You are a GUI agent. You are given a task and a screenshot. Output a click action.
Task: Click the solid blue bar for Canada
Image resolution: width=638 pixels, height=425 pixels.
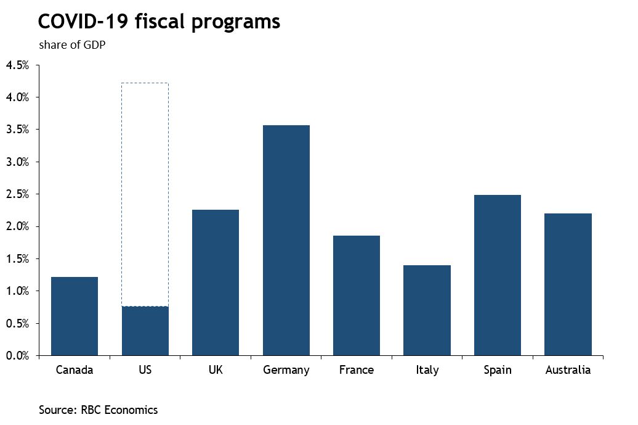click(x=75, y=316)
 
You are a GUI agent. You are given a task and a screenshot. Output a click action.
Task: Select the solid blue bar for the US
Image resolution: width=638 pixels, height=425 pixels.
click(x=145, y=331)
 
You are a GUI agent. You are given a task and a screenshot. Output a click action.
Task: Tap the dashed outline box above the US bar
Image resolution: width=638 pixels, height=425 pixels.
click(x=145, y=194)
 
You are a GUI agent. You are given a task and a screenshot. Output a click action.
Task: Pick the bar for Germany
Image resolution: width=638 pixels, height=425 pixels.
click(x=286, y=240)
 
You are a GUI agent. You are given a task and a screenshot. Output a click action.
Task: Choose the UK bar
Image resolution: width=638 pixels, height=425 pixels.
click(x=216, y=283)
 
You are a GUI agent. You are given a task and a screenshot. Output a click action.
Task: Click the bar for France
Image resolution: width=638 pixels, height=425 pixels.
click(x=356, y=295)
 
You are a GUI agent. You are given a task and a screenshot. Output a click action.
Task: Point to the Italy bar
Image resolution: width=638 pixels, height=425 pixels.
click(x=427, y=310)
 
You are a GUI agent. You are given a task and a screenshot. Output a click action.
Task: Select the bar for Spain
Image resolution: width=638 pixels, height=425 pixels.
click(x=497, y=275)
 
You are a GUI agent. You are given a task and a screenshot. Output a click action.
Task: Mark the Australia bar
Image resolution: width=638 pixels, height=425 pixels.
click(x=568, y=284)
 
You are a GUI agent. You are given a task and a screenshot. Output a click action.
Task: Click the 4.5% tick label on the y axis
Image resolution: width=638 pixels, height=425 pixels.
click(x=17, y=65)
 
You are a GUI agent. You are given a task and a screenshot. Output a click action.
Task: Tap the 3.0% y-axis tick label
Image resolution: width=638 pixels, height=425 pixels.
click(x=17, y=162)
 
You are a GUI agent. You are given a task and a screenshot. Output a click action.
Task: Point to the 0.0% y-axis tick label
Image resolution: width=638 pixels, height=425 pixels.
click(x=17, y=355)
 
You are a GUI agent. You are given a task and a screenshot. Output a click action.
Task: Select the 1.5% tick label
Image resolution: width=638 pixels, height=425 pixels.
click(x=17, y=258)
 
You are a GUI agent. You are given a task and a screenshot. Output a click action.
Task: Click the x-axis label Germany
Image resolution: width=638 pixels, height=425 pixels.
click(x=286, y=370)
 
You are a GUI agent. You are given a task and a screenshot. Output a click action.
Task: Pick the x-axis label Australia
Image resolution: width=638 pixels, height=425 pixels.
click(x=568, y=370)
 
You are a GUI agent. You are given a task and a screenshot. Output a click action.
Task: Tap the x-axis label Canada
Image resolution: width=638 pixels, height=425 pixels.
click(x=75, y=370)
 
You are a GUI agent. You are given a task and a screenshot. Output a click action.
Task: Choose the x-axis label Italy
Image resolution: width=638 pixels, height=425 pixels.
click(x=427, y=370)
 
